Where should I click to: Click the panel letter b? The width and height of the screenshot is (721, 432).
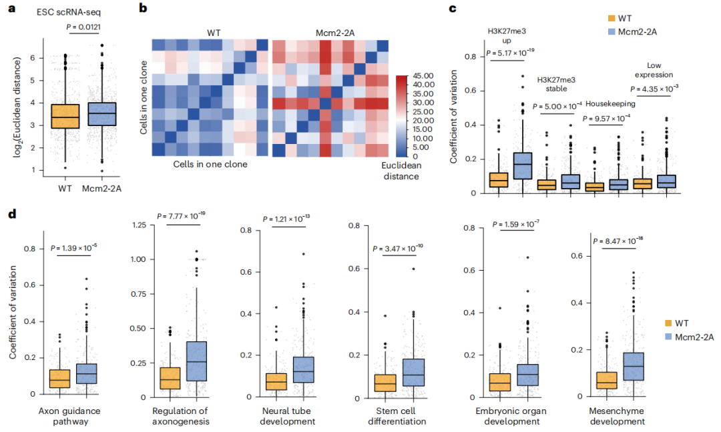pos(143,8)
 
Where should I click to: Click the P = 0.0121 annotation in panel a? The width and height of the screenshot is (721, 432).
pos(83,27)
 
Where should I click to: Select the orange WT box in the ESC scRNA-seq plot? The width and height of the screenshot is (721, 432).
pos(65,117)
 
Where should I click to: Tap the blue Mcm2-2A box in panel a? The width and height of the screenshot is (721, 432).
pos(101,114)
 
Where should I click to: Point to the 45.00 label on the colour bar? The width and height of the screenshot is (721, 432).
pos(423,76)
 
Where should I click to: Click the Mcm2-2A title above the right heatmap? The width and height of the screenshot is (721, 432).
pos(335,33)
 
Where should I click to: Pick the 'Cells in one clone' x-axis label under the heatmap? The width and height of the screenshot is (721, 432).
pos(210,165)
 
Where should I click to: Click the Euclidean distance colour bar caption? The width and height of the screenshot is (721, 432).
pos(401,171)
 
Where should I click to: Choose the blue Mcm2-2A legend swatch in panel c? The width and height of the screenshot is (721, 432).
pos(612,32)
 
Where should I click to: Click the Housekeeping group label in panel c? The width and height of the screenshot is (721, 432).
pos(610,104)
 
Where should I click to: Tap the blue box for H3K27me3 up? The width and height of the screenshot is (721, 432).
pos(523,166)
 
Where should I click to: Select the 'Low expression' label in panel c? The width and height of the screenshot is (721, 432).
pos(654,70)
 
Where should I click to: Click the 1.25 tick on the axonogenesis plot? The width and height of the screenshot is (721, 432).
pos(139,225)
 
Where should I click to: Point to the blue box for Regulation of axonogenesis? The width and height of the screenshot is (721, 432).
pos(196,361)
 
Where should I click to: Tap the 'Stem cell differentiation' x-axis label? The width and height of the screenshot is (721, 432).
pos(397,417)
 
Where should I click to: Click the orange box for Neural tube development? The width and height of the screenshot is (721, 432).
pos(276,382)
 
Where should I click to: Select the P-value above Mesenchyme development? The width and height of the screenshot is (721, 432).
pos(618,241)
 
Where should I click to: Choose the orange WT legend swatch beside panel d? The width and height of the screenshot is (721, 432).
pos(668,323)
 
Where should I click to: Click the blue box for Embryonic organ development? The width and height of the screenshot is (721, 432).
pos(528,375)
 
